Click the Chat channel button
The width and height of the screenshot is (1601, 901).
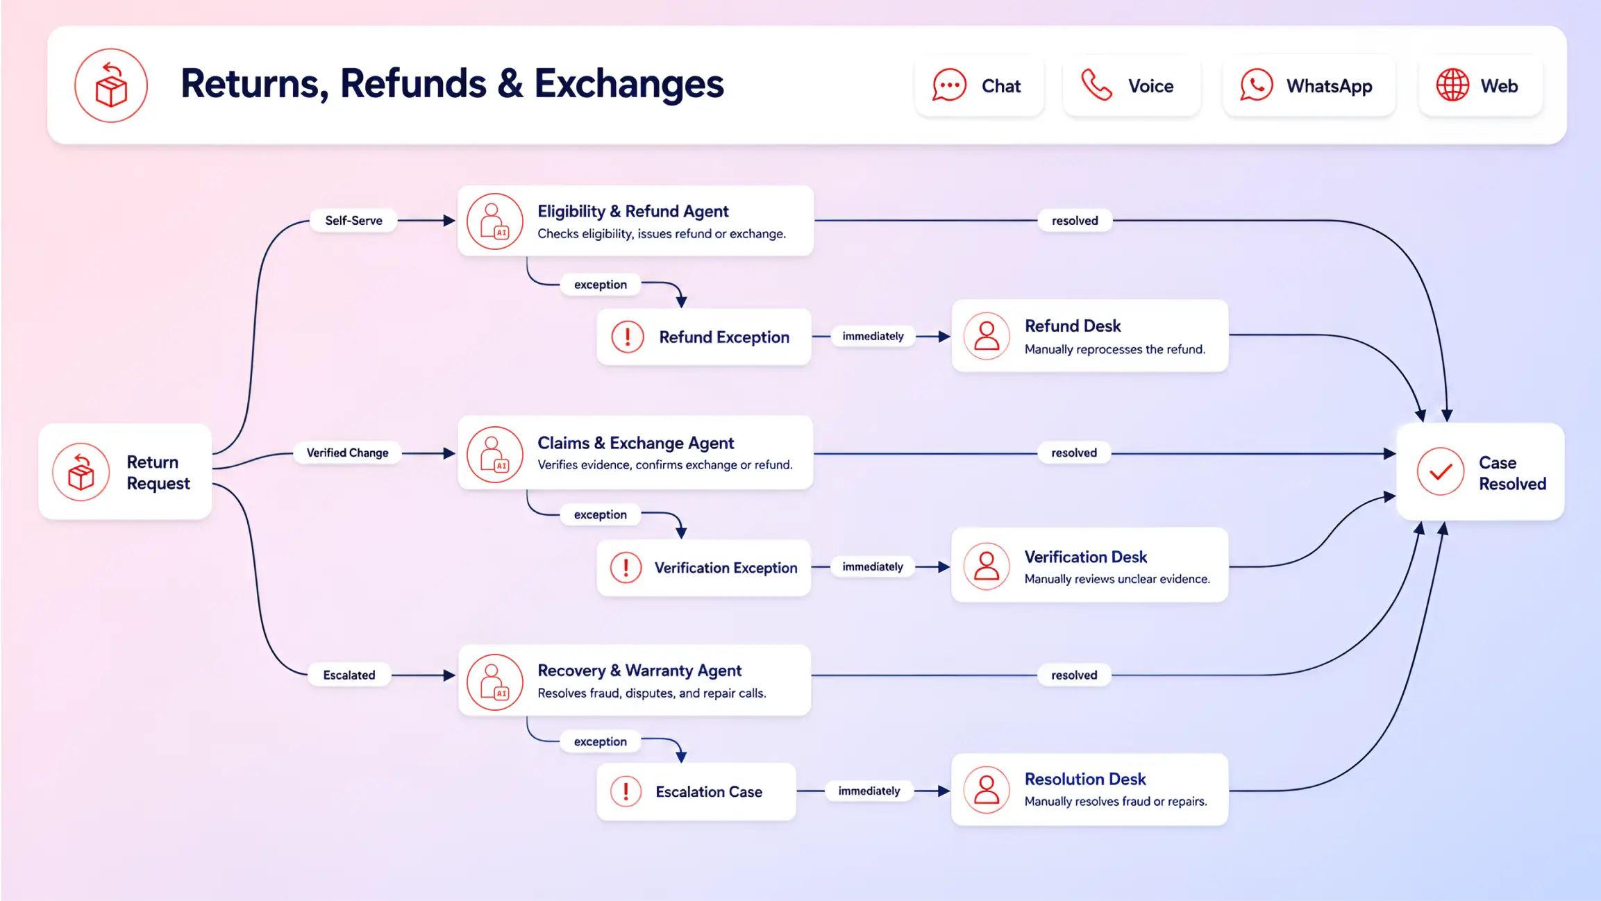click(x=979, y=86)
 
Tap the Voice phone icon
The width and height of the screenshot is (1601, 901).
click(x=1096, y=85)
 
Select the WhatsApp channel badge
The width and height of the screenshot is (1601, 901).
click(x=1308, y=86)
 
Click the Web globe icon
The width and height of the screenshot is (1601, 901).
click(x=1452, y=85)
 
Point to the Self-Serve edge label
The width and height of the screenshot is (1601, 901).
click(x=353, y=221)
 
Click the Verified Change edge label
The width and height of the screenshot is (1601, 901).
click(x=347, y=453)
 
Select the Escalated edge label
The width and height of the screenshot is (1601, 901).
click(x=349, y=675)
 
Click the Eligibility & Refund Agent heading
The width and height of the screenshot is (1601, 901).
click(x=632, y=211)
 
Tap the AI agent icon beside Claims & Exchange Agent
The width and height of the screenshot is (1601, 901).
click(x=494, y=455)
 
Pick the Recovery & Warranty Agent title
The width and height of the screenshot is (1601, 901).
click(x=639, y=671)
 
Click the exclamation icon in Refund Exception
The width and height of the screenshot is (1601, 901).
click(x=628, y=337)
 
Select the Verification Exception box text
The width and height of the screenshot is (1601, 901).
click(x=726, y=569)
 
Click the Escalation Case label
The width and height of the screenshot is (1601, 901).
click(x=709, y=792)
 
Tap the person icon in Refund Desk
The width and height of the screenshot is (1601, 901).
click(x=986, y=336)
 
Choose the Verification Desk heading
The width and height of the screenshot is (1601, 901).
click(x=1085, y=557)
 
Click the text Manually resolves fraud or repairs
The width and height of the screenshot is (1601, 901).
click(x=1116, y=802)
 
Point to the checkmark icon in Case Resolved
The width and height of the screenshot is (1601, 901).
click(x=1441, y=471)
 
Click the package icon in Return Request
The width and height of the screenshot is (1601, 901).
click(x=81, y=472)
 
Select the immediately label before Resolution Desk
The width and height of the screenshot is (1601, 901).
click(x=869, y=791)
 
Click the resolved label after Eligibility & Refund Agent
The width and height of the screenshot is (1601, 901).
click(x=1075, y=221)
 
